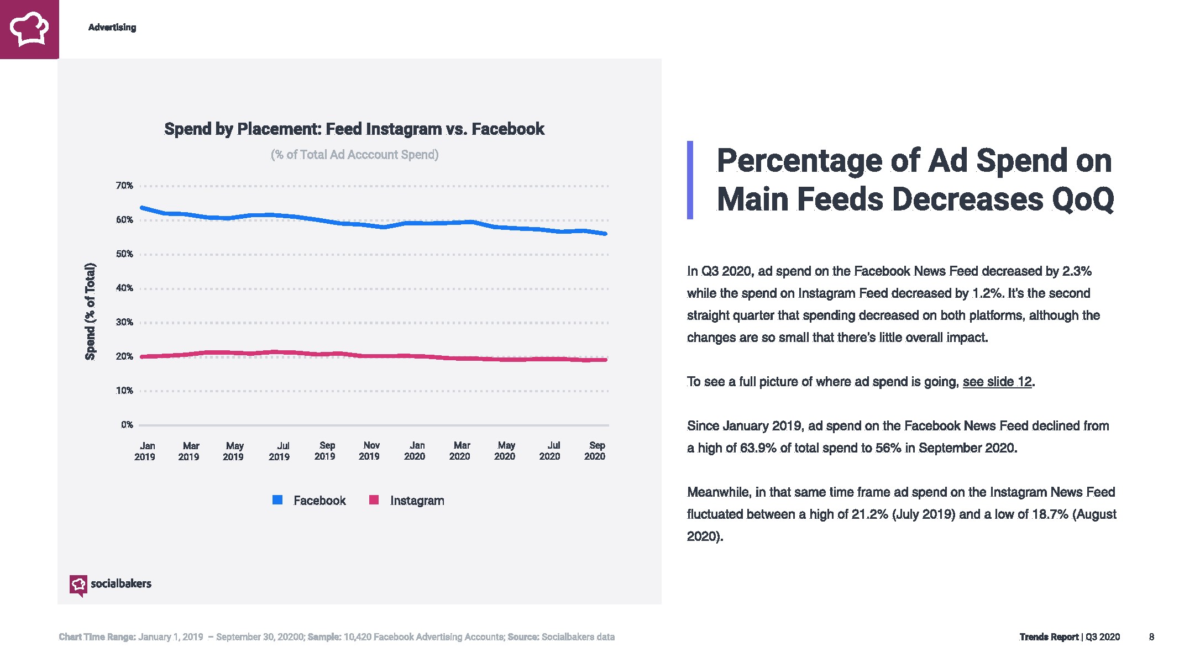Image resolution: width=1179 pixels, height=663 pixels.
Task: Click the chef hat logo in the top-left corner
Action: (x=29, y=29)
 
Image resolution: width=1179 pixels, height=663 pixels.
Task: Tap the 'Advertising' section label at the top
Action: (x=112, y=28)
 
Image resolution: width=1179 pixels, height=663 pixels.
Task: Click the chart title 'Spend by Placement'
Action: (x=354, y=129)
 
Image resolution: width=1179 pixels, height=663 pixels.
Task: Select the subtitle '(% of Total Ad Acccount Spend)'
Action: (x=354, y=155)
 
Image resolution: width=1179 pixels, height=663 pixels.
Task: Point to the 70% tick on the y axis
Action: (x=124, y=186)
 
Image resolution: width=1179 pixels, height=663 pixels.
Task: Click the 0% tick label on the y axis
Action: (x=127, y=425)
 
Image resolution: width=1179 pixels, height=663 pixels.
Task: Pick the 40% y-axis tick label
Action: (x=124, y=288)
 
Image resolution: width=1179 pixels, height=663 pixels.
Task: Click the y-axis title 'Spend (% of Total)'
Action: (x=90, y=312)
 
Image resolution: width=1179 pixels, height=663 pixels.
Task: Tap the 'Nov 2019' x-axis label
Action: (x=370, y=451)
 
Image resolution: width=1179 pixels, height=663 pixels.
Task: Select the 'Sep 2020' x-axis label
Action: (x=595, y=451)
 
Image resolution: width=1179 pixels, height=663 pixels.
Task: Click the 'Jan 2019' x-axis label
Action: (x=145, y=451)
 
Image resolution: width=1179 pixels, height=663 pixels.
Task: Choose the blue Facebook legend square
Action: (x=277, y=500)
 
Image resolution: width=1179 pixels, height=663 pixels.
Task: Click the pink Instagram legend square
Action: (x=374, y=500)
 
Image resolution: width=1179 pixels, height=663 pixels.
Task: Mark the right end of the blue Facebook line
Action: (x=605, y=234)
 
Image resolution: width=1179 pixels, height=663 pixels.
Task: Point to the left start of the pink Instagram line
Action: (x=143, y=357)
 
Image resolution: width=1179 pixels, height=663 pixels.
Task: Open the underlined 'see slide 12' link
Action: (x=997, y=382)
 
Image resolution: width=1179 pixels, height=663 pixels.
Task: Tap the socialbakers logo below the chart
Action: (x=111, y=585)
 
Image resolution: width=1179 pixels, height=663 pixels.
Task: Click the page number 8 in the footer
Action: (x=1151, y=637)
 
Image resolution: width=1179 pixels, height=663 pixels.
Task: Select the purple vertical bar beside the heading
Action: (x=690, y=180)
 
